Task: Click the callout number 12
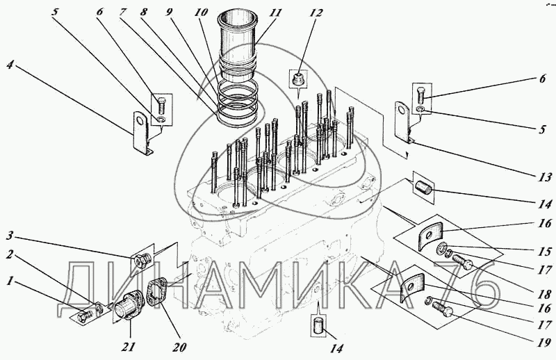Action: pyautogui.click(x=316, y=13)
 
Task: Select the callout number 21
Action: pyautogui.click(x=129, y=346)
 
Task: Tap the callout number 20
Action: pyautogui.click(x=179, y=347)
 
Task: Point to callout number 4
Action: pyautogui.click(x=10, y=65)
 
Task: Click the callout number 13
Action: pyautogui.click(x=545, y=177)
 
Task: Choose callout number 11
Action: pyautogui.click(x=275, y=13)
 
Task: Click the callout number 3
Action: pyautogui.click(x=10, y=235)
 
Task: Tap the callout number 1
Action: pyautogui.click(x=10, y=281)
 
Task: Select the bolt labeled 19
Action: pyautogui.click(x=443, y=309)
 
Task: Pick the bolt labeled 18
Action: pyautogui.click(x=463, y=263)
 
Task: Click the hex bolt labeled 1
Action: pyautogui.click(x=84, y=315)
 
